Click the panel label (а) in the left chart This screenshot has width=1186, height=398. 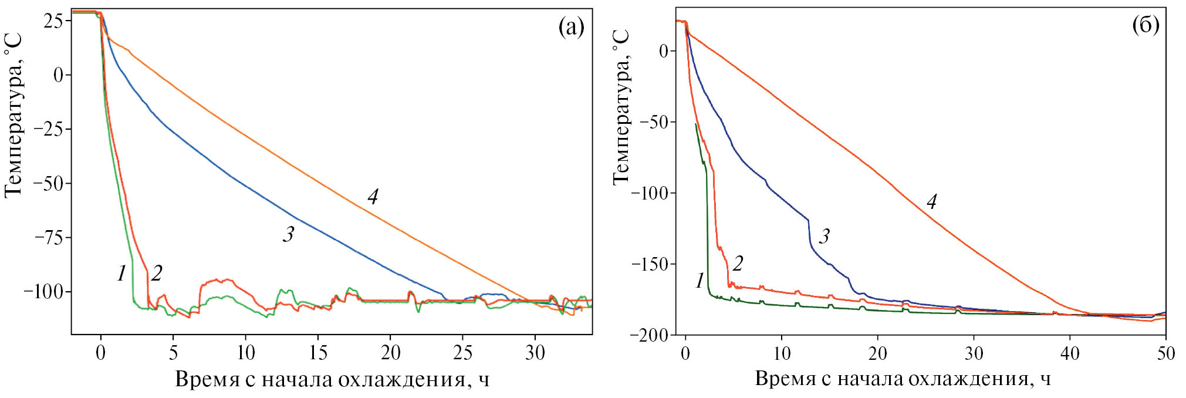coord(571,26)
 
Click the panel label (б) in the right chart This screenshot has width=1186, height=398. coord(1145,25)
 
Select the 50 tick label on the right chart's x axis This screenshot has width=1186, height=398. coord(1165,353)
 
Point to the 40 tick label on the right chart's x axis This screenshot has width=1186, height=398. coord(1069,353)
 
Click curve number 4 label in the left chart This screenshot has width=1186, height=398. coord(373,196)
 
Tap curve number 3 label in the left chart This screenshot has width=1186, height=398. coord(288,234)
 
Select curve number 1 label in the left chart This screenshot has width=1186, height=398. coord(121,273)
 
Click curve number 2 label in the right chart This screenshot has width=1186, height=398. coord(738,264)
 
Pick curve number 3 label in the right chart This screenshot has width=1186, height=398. coord(824,236)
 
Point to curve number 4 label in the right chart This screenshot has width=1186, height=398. coord(931,201)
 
